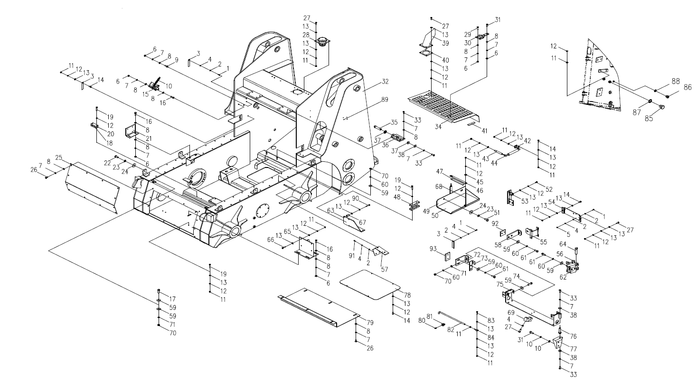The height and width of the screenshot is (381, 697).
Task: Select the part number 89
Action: tap(384, 100)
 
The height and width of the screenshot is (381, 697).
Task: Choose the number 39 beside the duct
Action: tap(445, 43)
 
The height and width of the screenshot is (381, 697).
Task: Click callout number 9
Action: tap(177, 60)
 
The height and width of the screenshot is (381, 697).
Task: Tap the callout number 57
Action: tap(384, 269)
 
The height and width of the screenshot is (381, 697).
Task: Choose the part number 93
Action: tap(433, 249)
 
